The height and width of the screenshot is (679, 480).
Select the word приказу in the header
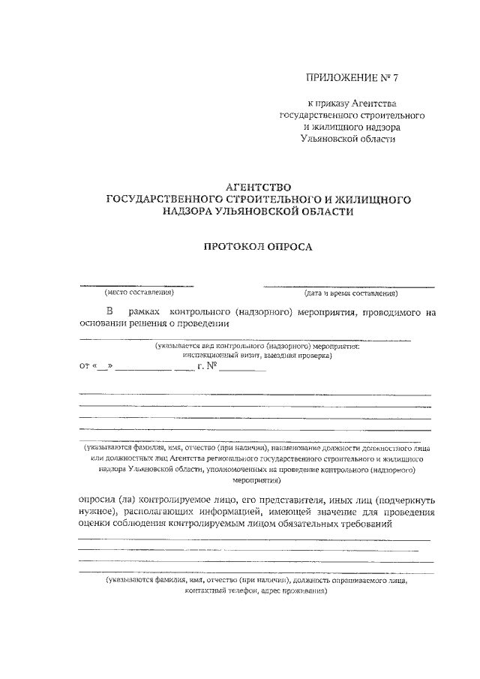tap(338, 103)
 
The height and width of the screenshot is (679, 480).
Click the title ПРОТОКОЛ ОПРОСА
tap(258, 245)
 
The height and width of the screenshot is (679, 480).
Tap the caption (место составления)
tap(139, 293)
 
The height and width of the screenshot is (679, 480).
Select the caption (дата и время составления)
tap(350, 293)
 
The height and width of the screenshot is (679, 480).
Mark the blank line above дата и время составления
tap(349, 286)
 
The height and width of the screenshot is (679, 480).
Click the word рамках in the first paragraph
tap(145, 311)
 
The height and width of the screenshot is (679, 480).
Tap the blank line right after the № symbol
tap(242, 370)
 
